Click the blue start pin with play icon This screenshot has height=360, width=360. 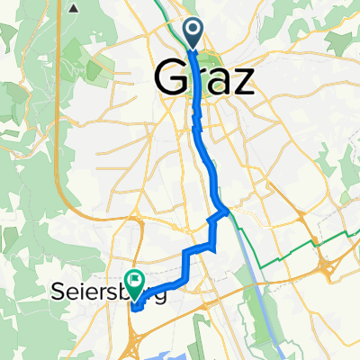point(194,32)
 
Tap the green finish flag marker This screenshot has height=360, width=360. point(135,281)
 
